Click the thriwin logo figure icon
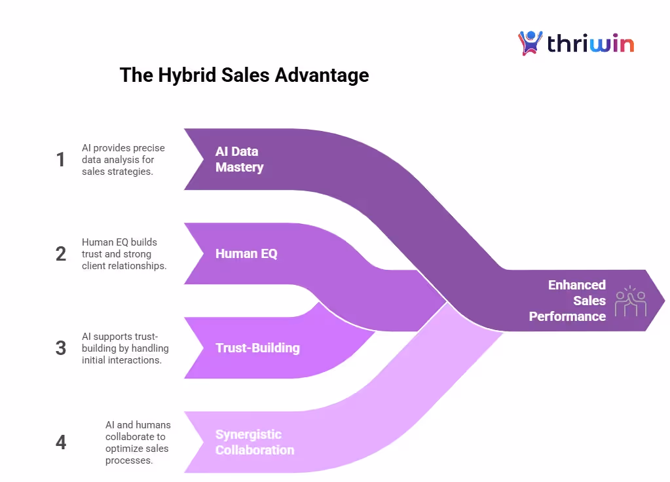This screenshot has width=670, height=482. (x=530, y=43)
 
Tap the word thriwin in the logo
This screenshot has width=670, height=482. (x=590, y=44)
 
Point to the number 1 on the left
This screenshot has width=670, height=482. (x=61, y=159)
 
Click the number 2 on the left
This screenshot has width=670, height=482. (x=61, y=254)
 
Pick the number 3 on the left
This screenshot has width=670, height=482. (x=61, y=348)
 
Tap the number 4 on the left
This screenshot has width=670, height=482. (x=61, y=443)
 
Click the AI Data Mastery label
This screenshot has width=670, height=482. (x=239, y=159)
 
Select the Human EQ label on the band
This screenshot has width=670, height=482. (x=246, y=253)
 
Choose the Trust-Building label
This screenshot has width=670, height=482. (x=257, y=348)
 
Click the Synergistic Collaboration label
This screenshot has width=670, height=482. (x=254, y=442)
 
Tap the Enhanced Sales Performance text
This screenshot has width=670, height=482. (x=567, y=301)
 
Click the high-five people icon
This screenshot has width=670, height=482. (x=630, y=301)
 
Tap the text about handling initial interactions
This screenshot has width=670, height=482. (x=124, y=348)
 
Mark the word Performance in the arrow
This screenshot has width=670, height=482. (x=567, y=316)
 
